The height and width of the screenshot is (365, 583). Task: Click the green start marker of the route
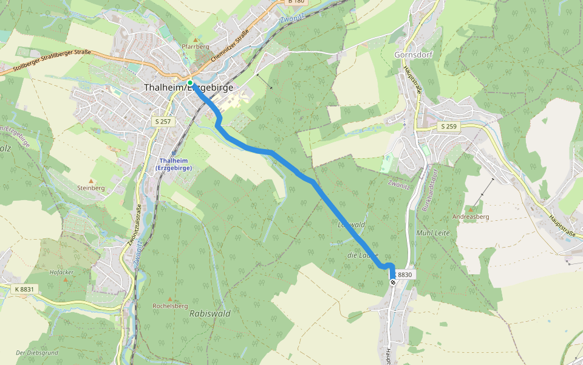pos(190,83)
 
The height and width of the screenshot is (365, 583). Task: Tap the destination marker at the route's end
pos(393,282)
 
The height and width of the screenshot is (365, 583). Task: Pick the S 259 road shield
pos(448,126)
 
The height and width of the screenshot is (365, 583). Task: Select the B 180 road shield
pos(296,2)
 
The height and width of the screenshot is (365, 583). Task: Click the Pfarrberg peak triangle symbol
pos(196,40)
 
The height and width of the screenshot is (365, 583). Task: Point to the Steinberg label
pos(91,188)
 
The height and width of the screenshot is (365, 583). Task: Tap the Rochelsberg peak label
pos(170,305)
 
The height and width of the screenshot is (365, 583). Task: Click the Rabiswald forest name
pos(210,313)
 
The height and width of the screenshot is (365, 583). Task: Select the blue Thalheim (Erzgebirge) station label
pos(174,163)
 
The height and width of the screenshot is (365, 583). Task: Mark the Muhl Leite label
pos(432,232)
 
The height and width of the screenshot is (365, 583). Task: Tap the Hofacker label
pos(63,272)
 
